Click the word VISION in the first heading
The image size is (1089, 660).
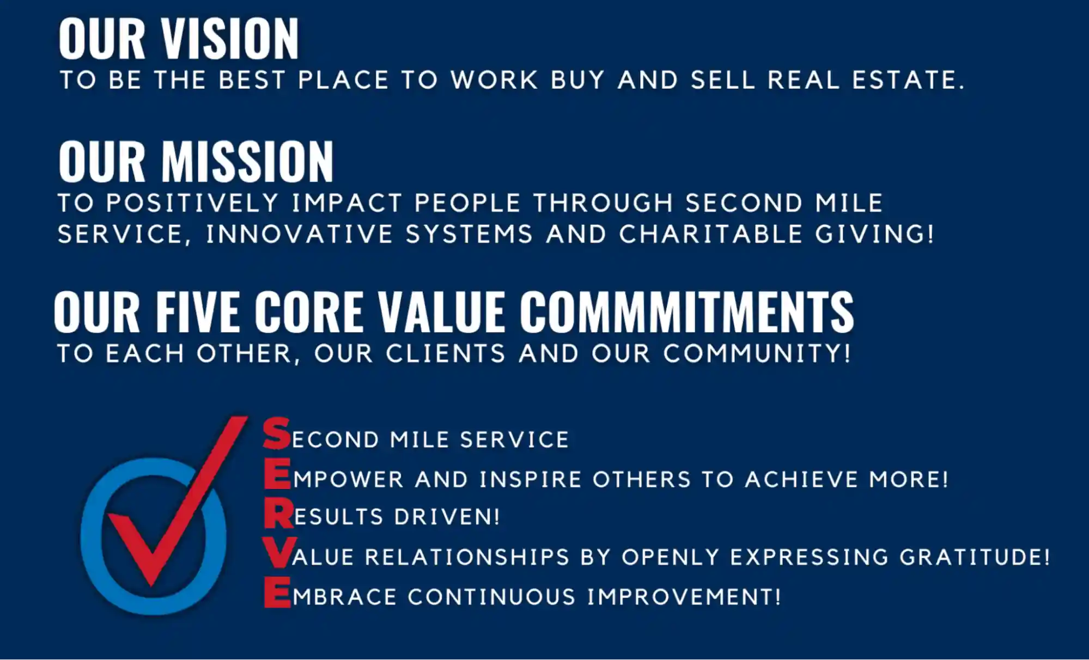tap(230, 39)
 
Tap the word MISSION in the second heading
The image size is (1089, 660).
tap(247, 162)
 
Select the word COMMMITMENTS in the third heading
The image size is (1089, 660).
tap(686, 311)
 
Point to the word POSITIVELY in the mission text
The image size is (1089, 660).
tap(192, 203)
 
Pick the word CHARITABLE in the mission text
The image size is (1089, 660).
tap(711, 234)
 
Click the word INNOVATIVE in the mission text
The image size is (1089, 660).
tap(299, 234)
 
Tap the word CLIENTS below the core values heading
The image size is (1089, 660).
tap(446, 353)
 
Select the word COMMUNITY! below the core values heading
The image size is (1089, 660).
tap(757, 353)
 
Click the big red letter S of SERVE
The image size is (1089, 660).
tap(277, 433)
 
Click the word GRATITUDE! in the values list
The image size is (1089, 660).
tap(975, 557)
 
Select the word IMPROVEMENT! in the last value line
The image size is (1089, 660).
tap(684, 597)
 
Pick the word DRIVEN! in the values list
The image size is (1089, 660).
tap(447, 517)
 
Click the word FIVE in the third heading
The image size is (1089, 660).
tap(198, 311)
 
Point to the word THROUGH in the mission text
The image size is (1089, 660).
tap(604, 203)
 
